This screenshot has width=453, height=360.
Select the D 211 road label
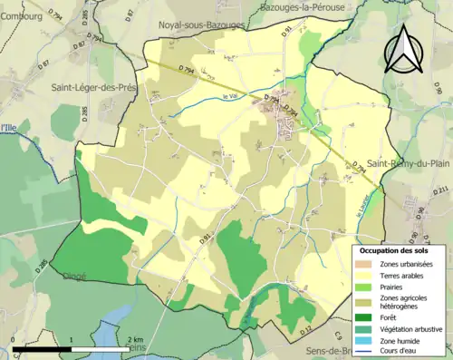[x=441, y=190]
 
